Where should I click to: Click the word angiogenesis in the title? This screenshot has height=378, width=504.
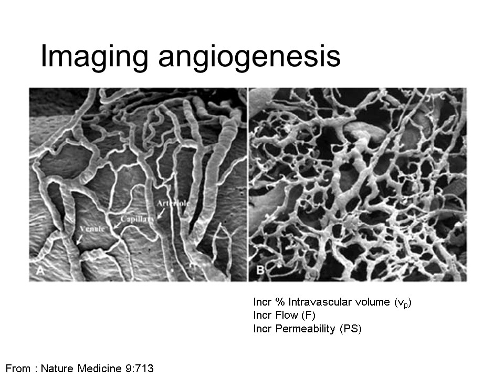[249, 57]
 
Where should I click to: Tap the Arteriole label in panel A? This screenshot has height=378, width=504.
[173, 204]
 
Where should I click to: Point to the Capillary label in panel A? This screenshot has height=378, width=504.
[137, 219]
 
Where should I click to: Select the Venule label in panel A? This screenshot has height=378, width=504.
[92, 229]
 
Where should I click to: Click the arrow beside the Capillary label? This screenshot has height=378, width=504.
[117, 225]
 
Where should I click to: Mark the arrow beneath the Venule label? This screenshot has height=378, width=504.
[79, 239]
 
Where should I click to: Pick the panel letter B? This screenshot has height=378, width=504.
[260, 270]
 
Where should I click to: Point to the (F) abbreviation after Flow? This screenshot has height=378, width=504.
[309, 316]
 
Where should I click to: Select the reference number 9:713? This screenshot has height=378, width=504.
[139, 369]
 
